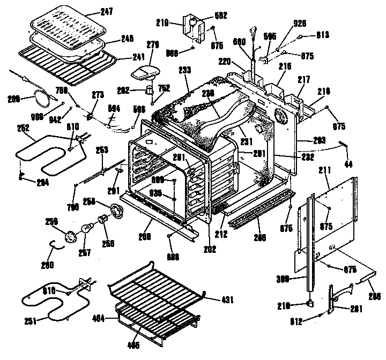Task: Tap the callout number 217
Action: pyautogui.click(x=305, y=79)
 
